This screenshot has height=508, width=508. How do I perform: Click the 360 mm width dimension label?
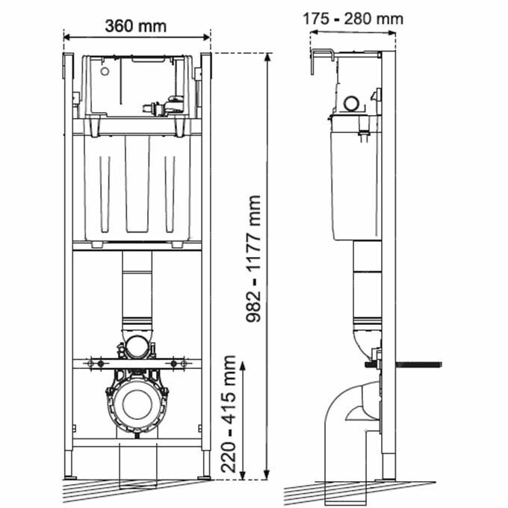136,26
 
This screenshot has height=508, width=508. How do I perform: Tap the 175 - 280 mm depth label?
353,19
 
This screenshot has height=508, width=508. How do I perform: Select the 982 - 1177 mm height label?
253,258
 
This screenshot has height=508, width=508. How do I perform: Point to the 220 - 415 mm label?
228,414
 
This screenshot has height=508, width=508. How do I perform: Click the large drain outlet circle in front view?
137,404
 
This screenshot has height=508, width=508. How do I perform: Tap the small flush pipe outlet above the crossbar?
137,347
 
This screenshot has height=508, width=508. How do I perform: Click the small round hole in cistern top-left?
105,72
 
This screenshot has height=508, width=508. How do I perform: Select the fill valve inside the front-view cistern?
164,106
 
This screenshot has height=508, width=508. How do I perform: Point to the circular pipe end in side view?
351,104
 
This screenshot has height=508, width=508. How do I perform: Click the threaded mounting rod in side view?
403,365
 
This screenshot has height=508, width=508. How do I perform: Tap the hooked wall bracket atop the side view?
323,61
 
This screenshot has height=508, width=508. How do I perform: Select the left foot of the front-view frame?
69,464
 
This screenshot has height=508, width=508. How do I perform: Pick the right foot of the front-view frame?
205,464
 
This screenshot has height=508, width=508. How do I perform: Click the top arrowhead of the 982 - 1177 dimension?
267,58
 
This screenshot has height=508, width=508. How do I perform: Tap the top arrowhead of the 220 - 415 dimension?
242,366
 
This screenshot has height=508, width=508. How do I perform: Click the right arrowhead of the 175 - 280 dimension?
391,33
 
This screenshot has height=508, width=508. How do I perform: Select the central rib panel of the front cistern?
137,184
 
